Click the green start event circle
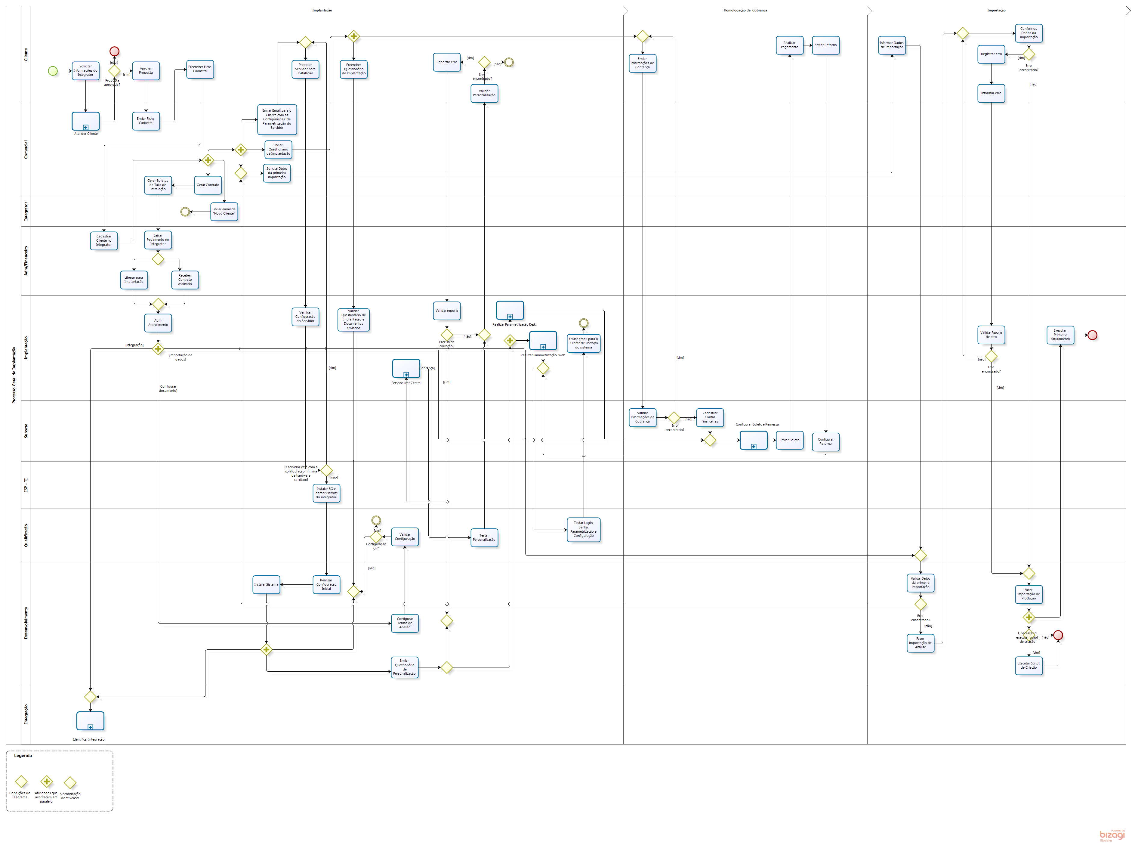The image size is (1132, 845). (x=53, y=71)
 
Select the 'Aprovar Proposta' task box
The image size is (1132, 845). (x=146, y=71)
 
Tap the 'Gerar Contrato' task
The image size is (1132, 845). (x=208, y=185)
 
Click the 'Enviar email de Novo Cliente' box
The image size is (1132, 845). (x=224, y=211)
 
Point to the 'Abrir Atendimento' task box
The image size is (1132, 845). (x=158, y=323)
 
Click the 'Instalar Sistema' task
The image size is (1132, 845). (x=266, y=585)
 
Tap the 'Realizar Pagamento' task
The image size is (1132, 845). (x=789, y=45)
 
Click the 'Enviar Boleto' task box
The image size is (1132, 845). (x=789, y=440)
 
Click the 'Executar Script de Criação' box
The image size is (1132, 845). (x=1028, y=665)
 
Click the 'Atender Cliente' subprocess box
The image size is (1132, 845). (x=85, y=121)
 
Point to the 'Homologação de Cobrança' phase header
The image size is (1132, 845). (x=745, y=10)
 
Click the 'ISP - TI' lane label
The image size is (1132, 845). (x=26, y=485)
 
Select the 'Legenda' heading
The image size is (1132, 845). (x=23, y=756)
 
